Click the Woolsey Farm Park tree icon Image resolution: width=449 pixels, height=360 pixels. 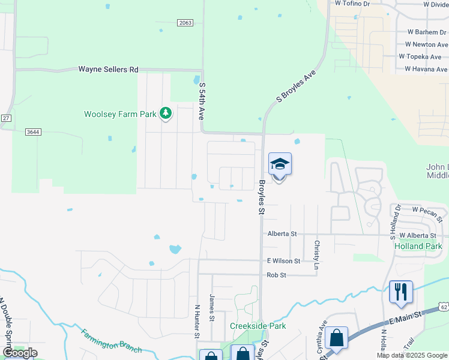tap(166, 113)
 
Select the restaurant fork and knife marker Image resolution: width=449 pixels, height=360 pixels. tap(401, 292)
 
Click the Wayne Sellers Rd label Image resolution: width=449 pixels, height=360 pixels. tap(108, 70)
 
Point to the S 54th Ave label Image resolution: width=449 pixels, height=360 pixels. tap(202, 101)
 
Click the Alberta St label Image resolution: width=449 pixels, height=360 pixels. tap(282, 233)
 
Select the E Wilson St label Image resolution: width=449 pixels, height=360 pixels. tap(283, 261)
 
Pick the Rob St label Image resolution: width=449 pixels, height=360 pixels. tap(277, 275)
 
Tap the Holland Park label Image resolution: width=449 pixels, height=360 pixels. tap(418, 246)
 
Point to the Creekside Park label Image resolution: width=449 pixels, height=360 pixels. tap(258, 326)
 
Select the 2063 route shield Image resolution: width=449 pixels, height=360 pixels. tap(185, 23)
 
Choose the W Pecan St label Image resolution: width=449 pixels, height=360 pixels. tap(427, 209)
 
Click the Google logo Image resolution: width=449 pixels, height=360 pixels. tap(20, 353)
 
